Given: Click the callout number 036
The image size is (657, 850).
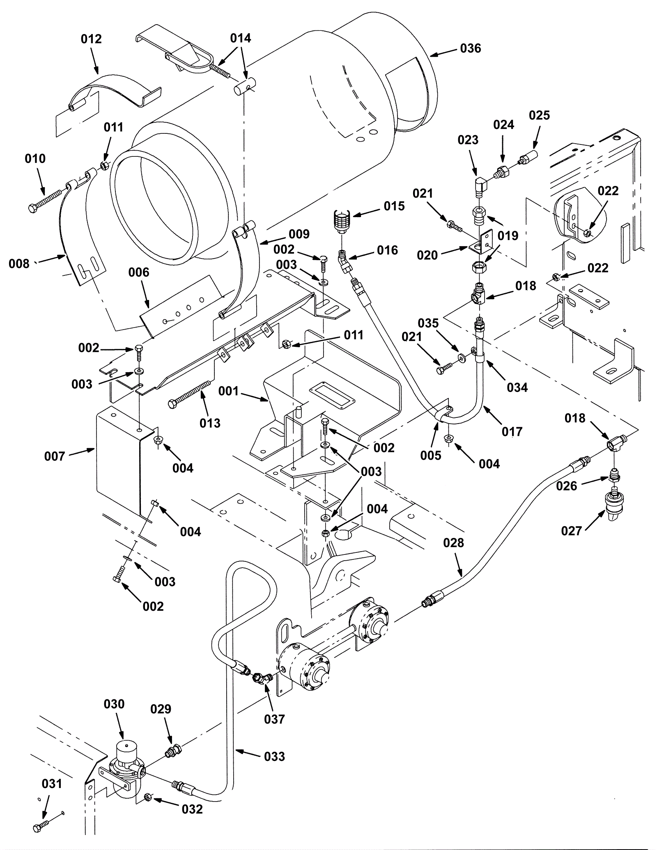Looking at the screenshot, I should [470, 48].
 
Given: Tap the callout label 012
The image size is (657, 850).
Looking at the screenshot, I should [91, 39].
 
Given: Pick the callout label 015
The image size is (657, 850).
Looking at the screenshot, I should [394, 206].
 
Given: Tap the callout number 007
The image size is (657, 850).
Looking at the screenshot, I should [55, 456].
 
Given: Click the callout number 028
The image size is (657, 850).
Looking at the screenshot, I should [453, 543].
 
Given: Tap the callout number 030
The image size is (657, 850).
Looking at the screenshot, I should [114, 704].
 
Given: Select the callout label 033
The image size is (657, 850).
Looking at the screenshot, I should [274, 756].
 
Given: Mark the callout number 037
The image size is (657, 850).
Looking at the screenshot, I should [274, 719].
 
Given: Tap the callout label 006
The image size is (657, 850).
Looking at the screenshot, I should [139, 272].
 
